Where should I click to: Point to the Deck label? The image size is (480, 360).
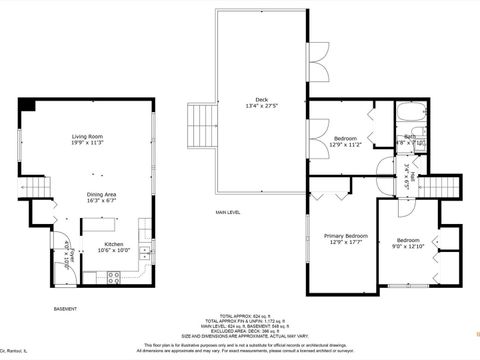[x=261, y=102]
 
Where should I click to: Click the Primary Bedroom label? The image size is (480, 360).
[x=345, y=239]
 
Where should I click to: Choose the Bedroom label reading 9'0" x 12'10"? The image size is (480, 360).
[x=408, y=243]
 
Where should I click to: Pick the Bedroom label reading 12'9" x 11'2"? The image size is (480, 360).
[x=346, y=141]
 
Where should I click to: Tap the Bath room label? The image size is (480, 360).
[x=409, y=140]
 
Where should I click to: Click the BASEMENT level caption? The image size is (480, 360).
[x=65, y=310]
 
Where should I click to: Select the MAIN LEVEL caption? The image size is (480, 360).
[x=228, y=212]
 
